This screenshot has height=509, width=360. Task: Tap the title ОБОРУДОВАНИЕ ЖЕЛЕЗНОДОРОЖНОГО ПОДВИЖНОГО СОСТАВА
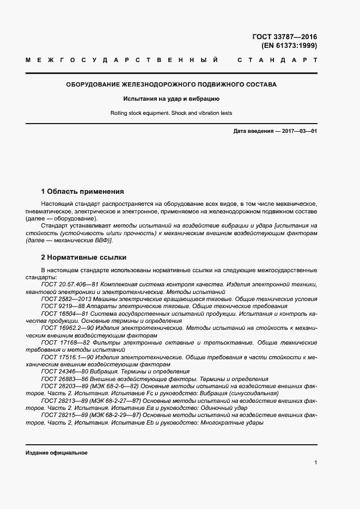click(171, 85)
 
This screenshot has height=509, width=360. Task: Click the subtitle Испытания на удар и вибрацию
click(171, 99)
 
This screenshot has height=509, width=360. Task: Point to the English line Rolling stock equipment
click(171, 113)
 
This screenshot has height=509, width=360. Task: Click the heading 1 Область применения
click(82, 192)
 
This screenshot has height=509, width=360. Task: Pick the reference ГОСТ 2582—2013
click(65, 299)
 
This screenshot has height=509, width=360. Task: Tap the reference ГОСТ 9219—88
click(62, 306)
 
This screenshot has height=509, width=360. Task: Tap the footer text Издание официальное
click(56, 453)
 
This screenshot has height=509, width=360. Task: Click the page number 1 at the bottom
click(315, 462)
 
